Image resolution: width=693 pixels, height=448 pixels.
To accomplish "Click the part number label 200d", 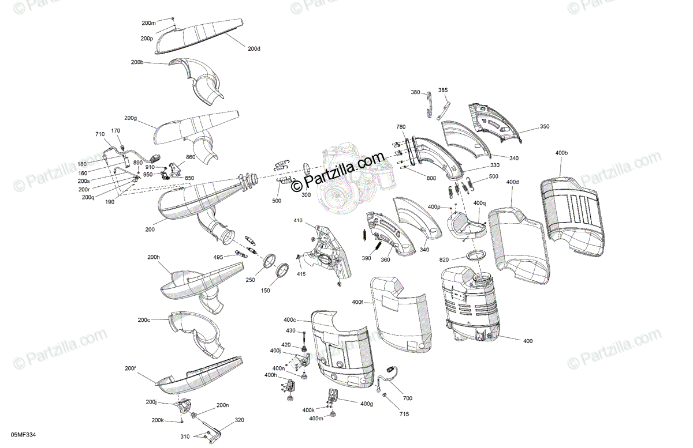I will coord(254,49).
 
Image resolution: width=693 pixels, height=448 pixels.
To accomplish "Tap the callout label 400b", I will coord(561,153).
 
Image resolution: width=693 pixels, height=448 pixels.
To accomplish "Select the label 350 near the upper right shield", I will coord(545,126).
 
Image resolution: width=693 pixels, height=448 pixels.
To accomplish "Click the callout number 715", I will coord(405,414).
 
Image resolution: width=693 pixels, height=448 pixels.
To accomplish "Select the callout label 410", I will coord(298,220).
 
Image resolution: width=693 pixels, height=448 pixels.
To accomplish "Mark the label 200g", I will coord(131,118).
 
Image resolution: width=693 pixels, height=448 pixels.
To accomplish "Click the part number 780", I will coord(401,126).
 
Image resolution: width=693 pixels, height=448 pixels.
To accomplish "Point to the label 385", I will coord(442,90).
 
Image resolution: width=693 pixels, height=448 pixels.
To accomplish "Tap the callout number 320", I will coord(240,421).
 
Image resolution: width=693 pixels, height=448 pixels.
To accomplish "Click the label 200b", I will coord(137,62).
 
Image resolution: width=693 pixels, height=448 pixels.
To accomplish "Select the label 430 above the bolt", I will coord(290,330).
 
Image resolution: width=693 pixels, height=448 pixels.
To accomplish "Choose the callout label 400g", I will coord(367,404).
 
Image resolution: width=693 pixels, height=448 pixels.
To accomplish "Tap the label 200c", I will coord(144,319).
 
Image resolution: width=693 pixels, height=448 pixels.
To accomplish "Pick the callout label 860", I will coord(191,157).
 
